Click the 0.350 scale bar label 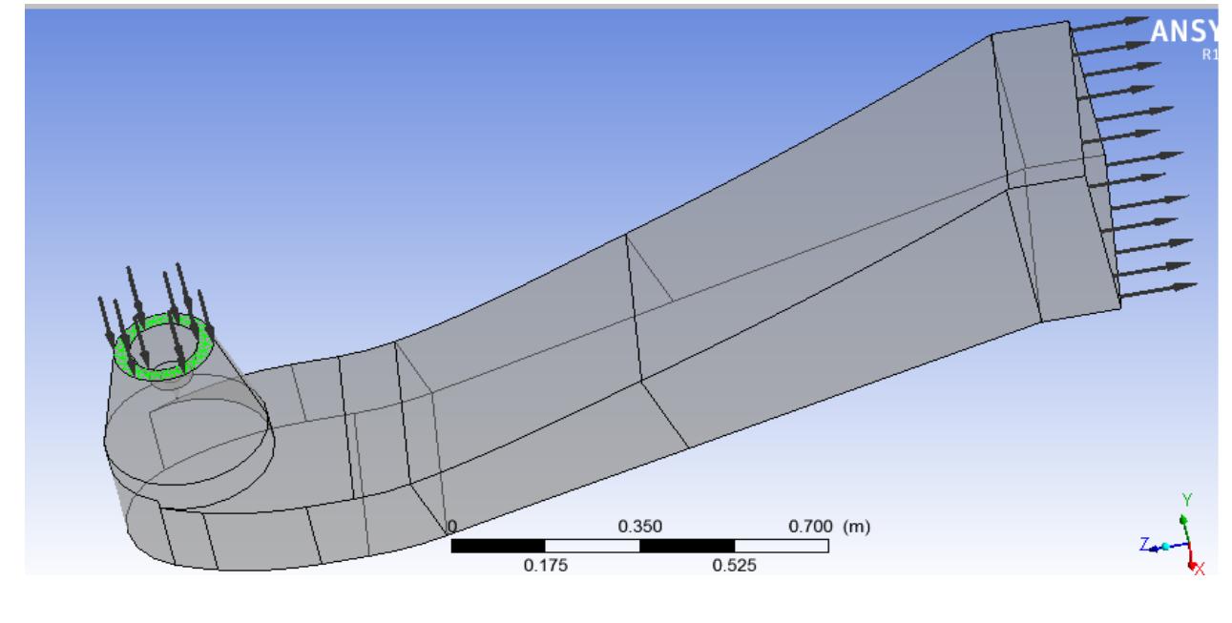point(640,526)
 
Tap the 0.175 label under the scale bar point(545,565)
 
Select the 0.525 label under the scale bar point(734,565)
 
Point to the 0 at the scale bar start point(453,527)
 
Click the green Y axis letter point(1186,500)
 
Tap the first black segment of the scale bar point(497,546)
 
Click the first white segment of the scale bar point(592,546)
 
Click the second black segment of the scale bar point(686,546)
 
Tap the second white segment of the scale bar point(781,546)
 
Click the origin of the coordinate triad point(1186,546)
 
